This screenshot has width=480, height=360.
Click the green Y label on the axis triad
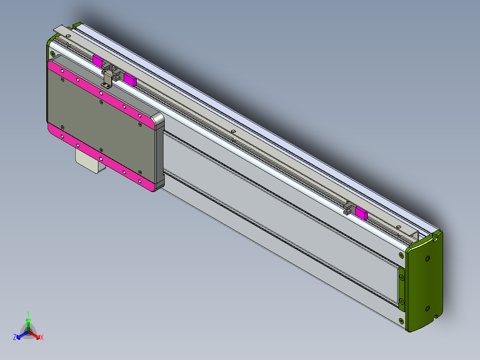(x=28, y=313)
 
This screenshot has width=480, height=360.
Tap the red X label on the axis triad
(x=42, y=338)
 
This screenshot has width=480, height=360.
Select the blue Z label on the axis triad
(x=15, y=338)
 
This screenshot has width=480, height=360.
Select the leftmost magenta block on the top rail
(x=98, y=61)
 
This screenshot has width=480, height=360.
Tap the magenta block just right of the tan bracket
(x=130, y=79)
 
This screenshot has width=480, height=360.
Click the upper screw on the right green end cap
(x=428, y=258)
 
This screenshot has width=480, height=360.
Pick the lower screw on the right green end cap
(x=428, y=309)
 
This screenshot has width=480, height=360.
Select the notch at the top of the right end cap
(x=435, y=237)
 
